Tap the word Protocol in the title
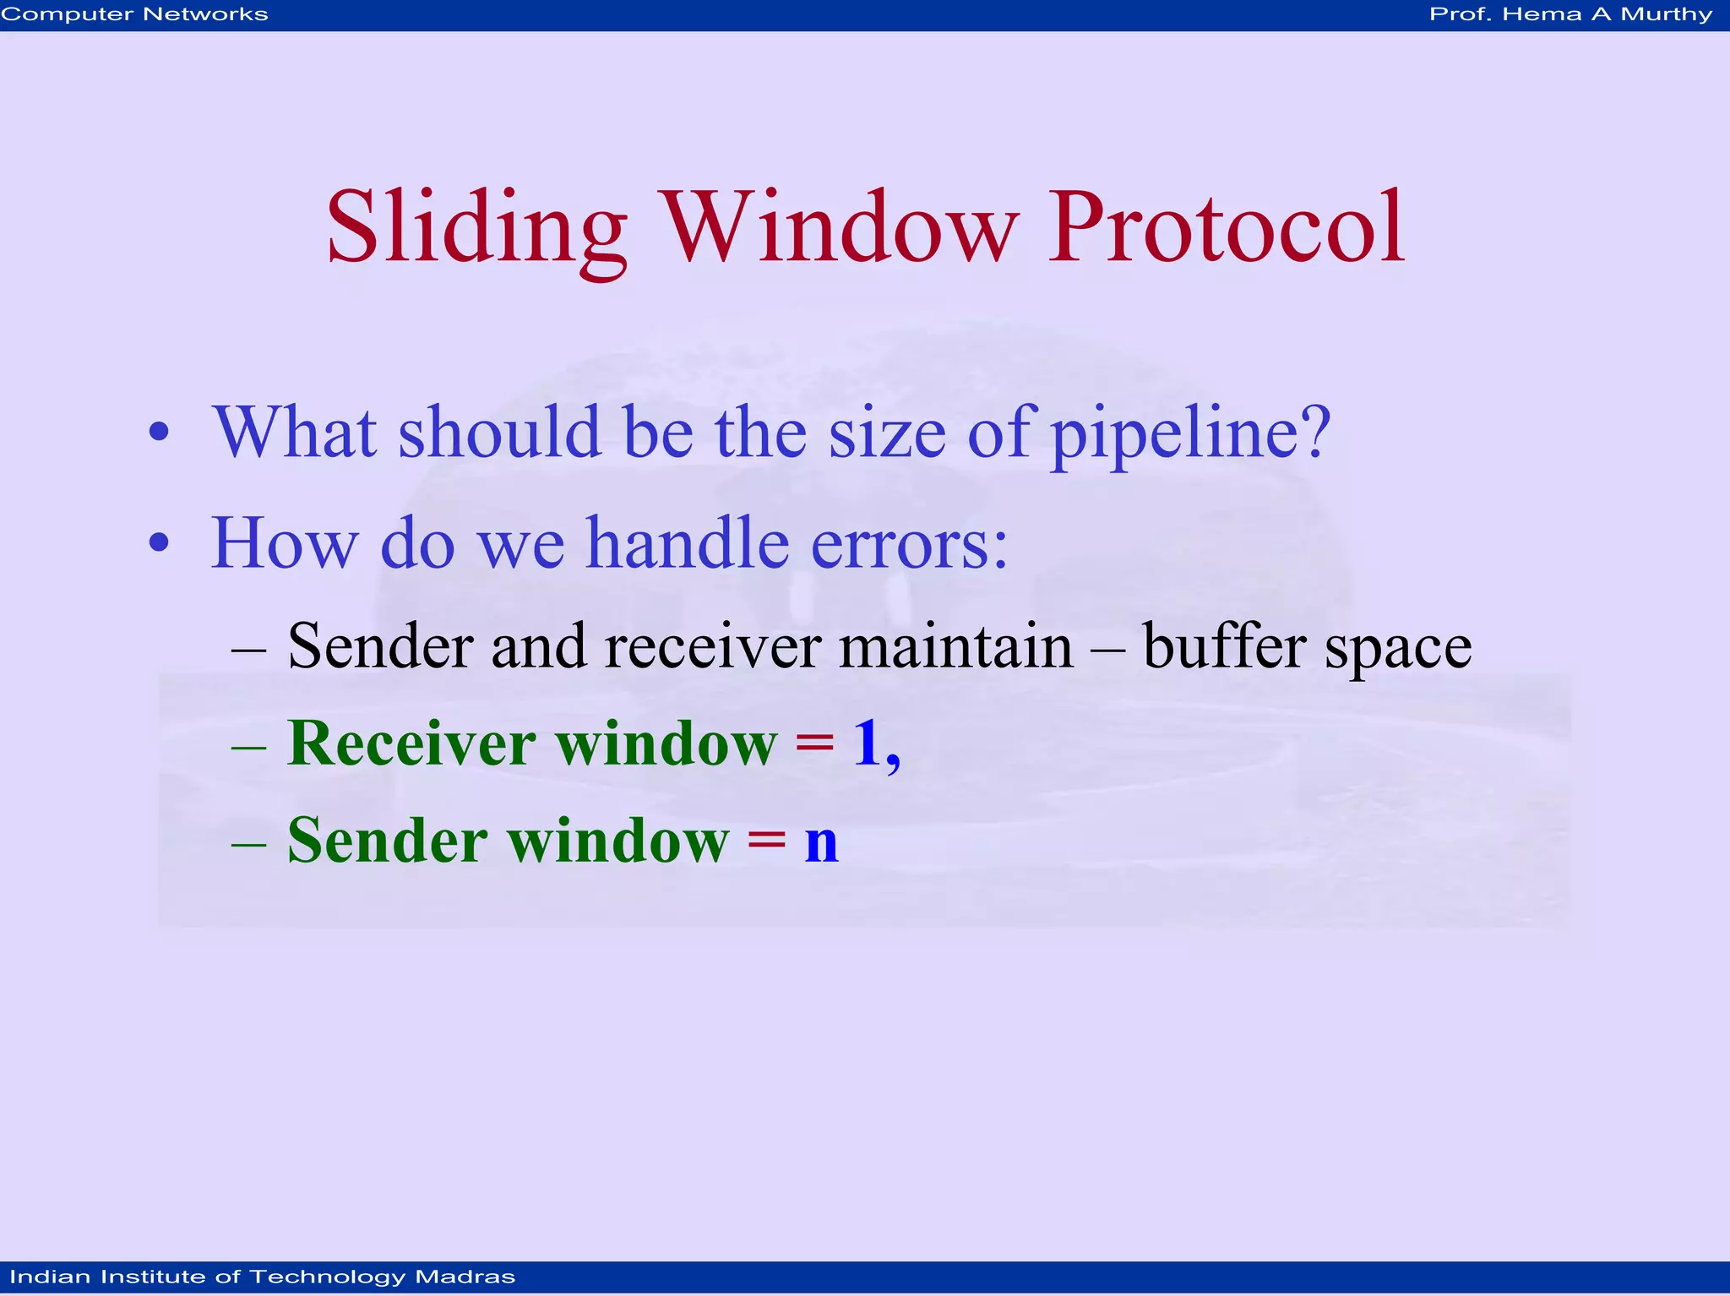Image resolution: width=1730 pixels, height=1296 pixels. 1226,228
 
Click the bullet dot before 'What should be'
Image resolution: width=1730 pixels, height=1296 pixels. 159,433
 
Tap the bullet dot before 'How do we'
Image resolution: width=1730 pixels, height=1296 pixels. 159,543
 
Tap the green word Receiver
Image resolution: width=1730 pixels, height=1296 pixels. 412,744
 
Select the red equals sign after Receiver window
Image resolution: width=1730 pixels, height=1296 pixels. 814,744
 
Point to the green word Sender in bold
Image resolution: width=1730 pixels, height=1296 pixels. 388,841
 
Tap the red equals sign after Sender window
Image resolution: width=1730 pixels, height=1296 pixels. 766,841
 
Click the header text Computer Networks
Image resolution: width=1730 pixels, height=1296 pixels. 135,14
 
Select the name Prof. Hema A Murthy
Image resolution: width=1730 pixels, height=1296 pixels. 1570,14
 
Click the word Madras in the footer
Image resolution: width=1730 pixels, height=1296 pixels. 465,1277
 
